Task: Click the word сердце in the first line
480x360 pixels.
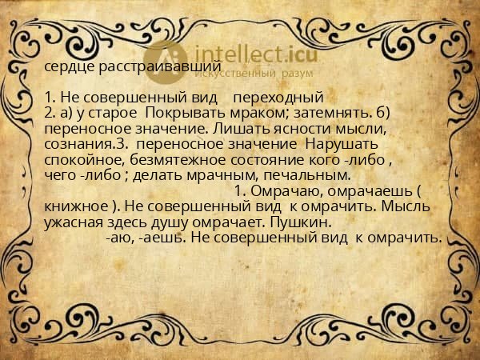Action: coord(67,68)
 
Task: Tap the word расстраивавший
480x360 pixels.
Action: coord(151,68)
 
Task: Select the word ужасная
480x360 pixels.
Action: coord(75,221)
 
